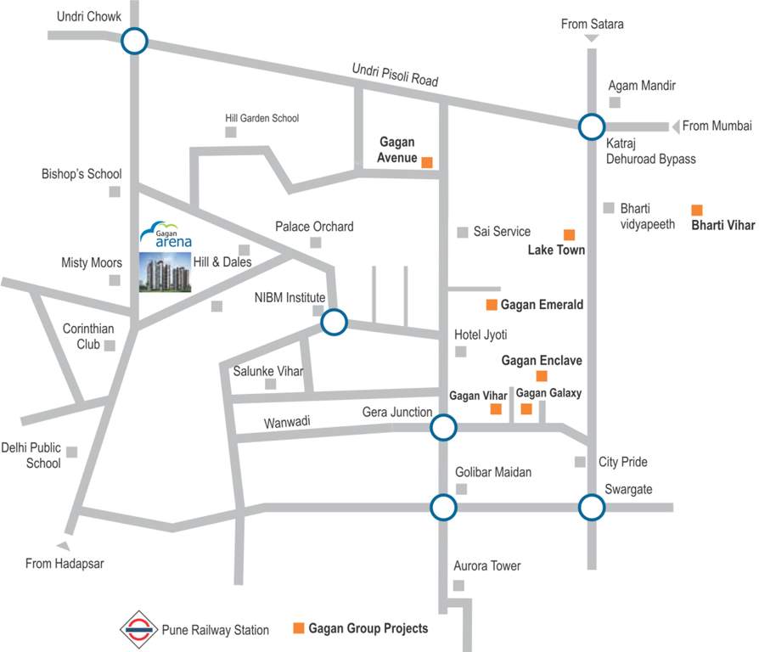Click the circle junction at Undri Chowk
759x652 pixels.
(x=134, y=40)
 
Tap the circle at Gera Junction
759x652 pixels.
(x=443, y=428)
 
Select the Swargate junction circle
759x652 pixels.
(x=592, y=508)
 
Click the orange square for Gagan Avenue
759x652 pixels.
(x=427, y=162)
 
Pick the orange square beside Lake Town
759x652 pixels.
(x=569, y=234)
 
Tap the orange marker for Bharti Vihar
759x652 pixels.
(x=697, y=210)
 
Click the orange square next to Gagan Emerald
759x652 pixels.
(x=491, y=305)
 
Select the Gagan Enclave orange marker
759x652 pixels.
(x=542, y=376)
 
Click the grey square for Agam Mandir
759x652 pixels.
(x=615, y=103)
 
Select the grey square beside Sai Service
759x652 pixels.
(x=463, y=232)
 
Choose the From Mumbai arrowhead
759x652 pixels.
(x=676, y=126)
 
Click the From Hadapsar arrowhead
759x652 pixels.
(x=62, y=547)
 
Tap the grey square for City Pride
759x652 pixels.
(x=580, y=462)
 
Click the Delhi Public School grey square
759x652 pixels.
(x=72, y=452)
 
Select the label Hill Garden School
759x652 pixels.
(x=261, y=118)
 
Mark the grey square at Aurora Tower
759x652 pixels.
(x=458, y=585)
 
